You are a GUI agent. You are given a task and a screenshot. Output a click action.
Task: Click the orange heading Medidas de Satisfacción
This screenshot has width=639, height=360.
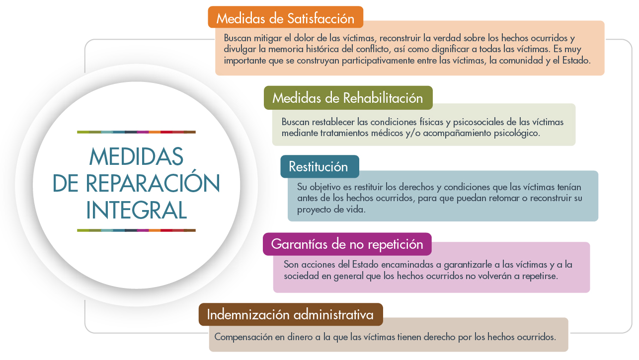pos(285,18)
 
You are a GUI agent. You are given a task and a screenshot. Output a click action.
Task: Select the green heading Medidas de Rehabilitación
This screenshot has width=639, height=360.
pos(348,98)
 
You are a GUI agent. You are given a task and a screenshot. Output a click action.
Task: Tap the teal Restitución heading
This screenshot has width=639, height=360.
pos(319,167)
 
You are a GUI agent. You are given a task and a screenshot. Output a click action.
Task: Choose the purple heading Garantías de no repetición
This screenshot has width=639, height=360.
pos(347,244)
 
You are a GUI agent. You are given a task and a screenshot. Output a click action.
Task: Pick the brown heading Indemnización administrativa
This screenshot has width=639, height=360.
pos(290,315)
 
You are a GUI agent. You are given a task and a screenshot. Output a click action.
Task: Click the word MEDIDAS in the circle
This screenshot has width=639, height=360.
pos(136,157)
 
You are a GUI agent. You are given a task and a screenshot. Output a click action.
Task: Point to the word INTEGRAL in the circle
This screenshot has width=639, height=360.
pos(136,210)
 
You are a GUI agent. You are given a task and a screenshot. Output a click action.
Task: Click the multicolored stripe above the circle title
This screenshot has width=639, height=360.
pos(136,132)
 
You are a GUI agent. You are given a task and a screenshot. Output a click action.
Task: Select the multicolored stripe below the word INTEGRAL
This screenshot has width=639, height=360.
pos(136,230)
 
